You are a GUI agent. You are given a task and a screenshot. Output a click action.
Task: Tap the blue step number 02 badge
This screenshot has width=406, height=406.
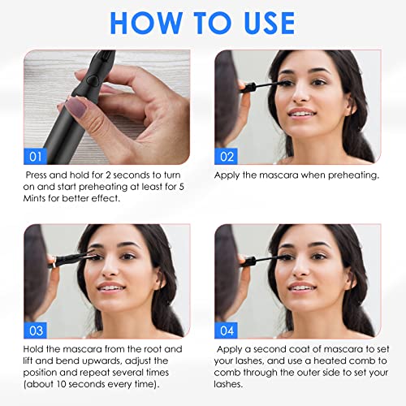pos(227,155)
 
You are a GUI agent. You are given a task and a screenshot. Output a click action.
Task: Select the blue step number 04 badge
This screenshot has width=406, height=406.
pos(227,330)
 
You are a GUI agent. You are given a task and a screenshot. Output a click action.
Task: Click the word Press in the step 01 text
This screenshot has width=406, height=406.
pos(40,175)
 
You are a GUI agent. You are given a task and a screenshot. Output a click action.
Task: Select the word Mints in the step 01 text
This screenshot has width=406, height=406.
pos(40,197)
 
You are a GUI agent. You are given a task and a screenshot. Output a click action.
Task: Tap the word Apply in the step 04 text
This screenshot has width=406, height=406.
pos(231,348)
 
